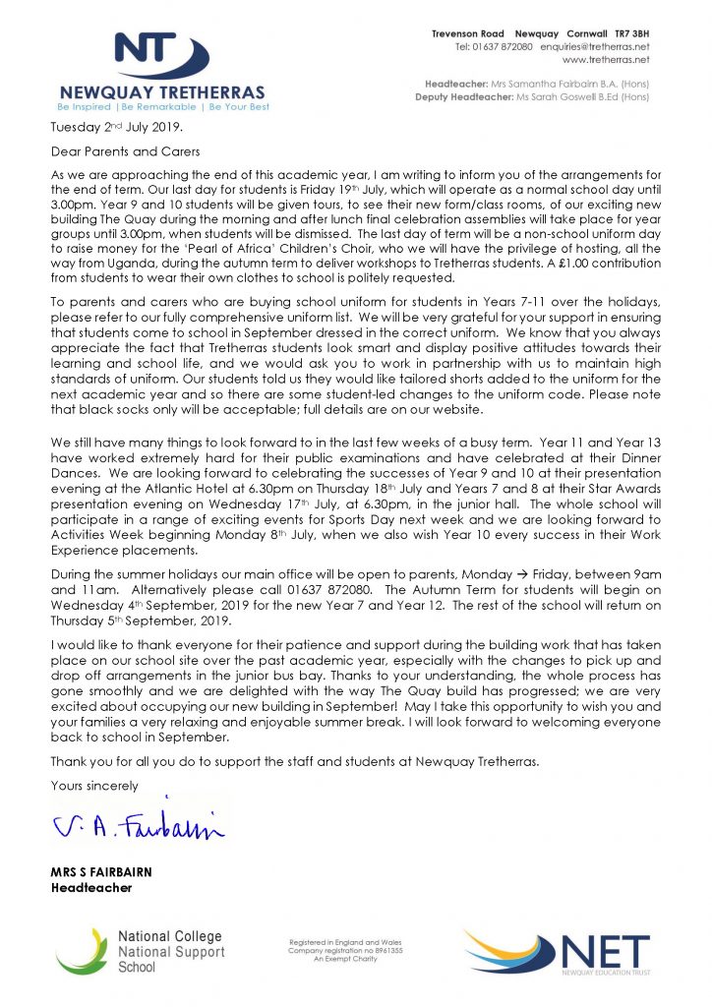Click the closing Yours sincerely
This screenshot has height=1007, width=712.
point(94,785)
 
